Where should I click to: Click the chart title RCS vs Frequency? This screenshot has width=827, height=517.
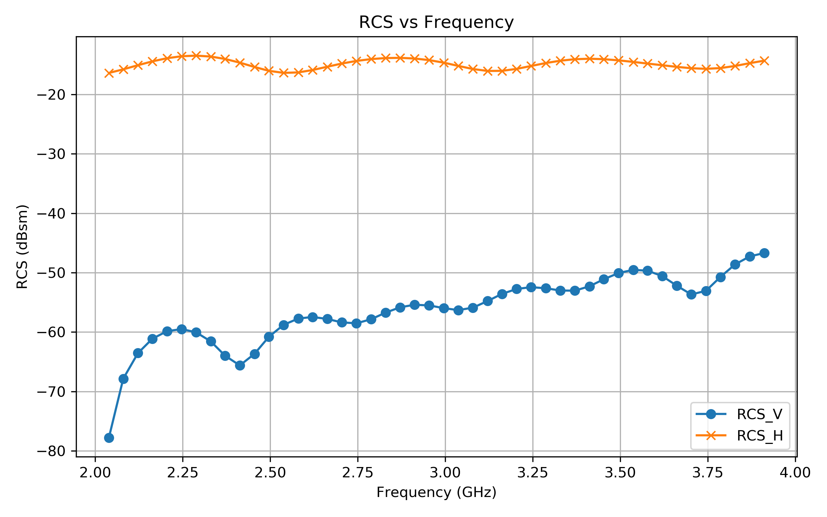point(436,22)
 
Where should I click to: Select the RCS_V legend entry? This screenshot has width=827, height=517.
point(759,414)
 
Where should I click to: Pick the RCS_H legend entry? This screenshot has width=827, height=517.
point(759,436)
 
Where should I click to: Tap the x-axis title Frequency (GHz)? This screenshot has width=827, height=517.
point(436,493)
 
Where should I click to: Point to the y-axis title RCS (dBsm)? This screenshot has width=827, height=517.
point(22,247)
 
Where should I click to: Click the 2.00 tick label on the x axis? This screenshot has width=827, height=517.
point(95,473)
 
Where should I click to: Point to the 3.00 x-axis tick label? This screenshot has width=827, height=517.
point(445,473)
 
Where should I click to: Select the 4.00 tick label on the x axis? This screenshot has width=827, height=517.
point(795,473)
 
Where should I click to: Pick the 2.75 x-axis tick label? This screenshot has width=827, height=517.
point(358,473)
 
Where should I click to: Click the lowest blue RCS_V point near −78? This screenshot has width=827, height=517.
point(109,438)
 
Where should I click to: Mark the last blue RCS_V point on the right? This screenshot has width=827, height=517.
point(764,253)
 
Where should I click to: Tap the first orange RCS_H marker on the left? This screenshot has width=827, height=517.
point(109,73)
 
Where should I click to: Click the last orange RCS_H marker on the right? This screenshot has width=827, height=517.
point(764,61)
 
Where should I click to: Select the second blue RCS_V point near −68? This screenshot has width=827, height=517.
point(123,379)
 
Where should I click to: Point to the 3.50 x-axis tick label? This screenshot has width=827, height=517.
point(620,473)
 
